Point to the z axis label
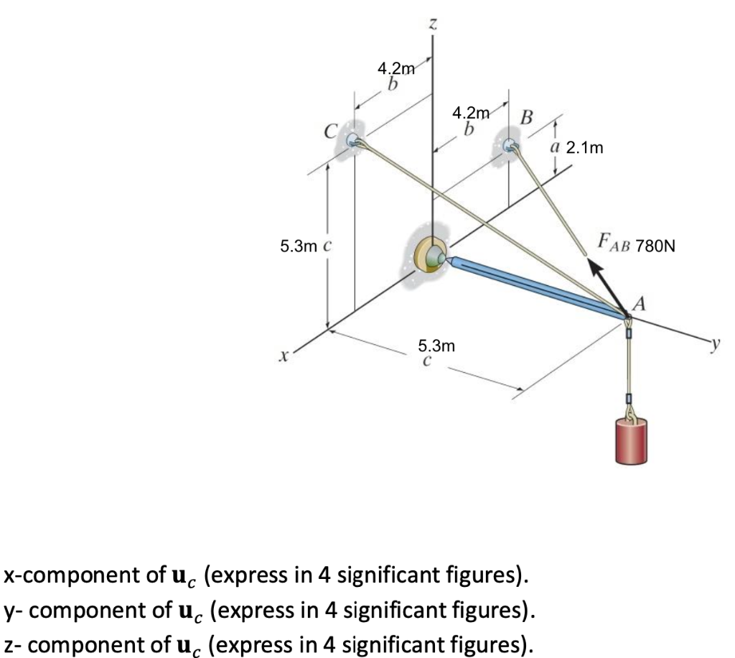(x=432, y=24)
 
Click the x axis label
(x=285, y=355)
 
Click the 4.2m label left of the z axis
(x=395, y=70)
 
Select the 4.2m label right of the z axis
(x=471, y=113)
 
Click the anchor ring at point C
(x=352, y=140)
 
